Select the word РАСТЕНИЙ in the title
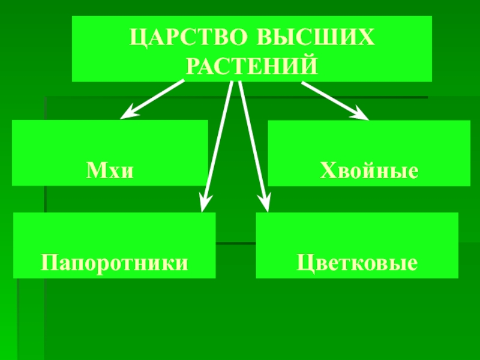pyautogui.click(x=251, y=65)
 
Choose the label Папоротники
pyautogui.click(x=114, y=263)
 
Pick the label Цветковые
pyautogui.click(x=357, y=263)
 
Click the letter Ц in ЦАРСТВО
pyautogui.click(x=138, y=39)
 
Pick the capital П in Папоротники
pyautogui.click(x=49, y=263)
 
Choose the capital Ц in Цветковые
pyautogui.click(x=304, y=263)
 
